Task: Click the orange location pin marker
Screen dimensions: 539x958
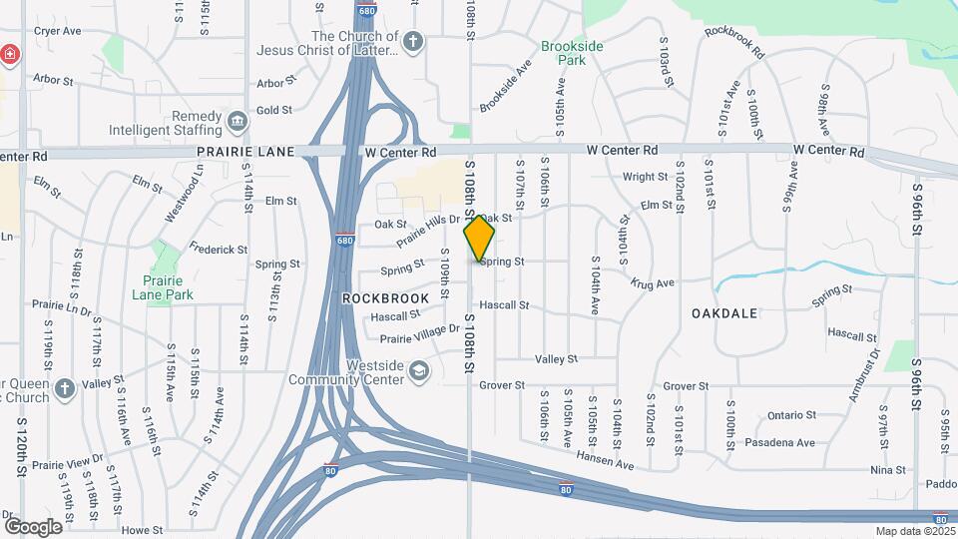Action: tap(479, 238)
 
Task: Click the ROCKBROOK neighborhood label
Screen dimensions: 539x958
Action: tap(385, 298)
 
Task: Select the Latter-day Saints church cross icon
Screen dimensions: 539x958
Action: tap(413, 43)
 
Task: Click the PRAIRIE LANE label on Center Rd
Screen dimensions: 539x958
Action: tap(245, 152)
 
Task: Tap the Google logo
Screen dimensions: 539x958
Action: tap(32, 527)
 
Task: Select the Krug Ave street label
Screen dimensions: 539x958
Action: tap(653, 283)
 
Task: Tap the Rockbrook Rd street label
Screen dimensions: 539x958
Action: tap(733, 40)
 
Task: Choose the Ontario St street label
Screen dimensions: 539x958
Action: tap(793, 416)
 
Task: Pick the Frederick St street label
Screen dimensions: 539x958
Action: tap(219, 250)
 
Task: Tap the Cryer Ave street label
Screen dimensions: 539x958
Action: tap(57, 31)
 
